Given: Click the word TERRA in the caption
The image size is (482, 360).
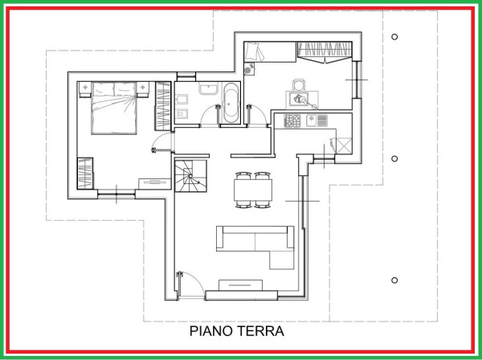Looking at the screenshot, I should (x=262, y=330).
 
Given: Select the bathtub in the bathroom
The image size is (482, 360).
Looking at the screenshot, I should (x=230, y=102).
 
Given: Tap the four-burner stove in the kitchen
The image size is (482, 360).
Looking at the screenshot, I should (x=292, y=121).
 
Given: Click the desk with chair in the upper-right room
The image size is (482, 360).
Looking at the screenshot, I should (x=301, y=96).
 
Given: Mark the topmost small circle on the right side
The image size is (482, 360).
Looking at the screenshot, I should (x=394, y=37).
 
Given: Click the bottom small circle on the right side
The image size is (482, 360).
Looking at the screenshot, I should (x=394, y=280).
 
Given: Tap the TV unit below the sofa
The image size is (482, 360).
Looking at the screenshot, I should (x=239, y=284).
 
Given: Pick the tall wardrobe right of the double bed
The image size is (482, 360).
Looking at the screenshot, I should (x=163, y=104).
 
